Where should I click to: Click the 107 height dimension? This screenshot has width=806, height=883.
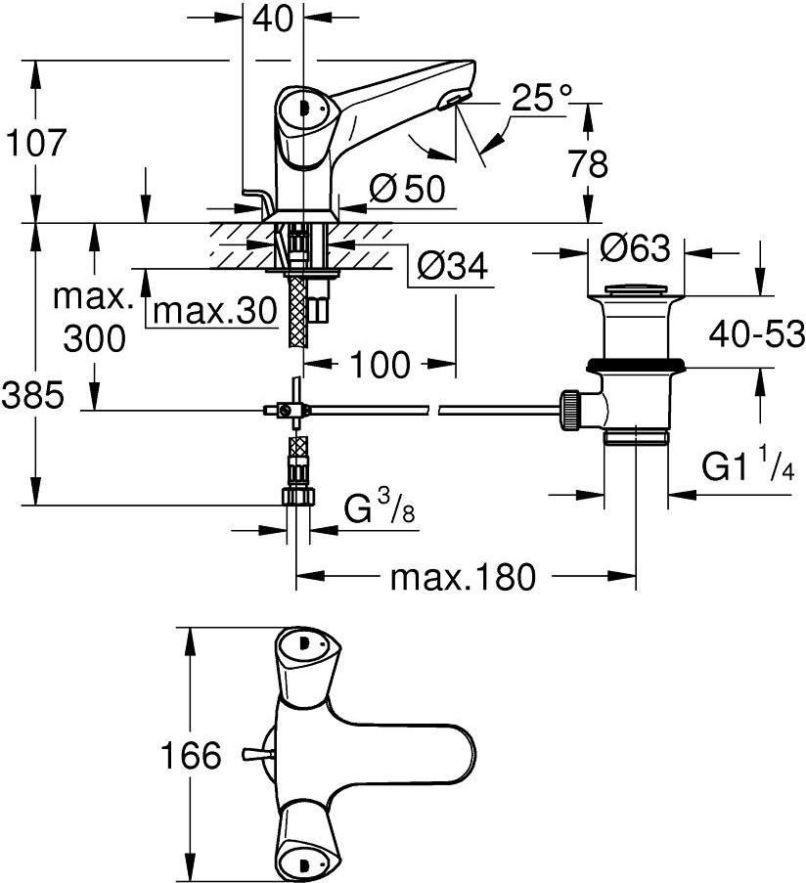(36, 143)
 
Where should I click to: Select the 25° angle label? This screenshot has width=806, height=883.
(542, 98)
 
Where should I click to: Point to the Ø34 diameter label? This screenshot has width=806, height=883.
(452, 265)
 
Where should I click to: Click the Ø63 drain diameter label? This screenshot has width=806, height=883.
(636, 247)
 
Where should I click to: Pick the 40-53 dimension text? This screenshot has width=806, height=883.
(756, 334)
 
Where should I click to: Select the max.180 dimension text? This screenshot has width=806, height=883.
(463, 577)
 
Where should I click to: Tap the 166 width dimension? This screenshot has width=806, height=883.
(191, 755)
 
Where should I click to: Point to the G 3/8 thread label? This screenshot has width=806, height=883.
(380, 506)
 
